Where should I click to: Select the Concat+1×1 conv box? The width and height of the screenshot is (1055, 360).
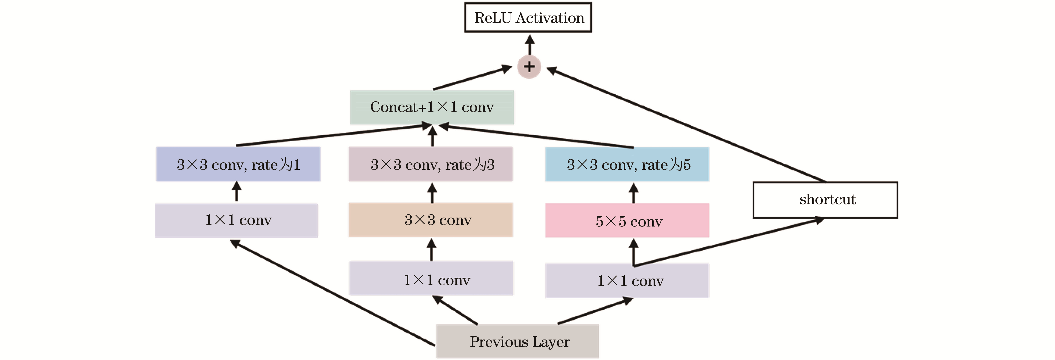[432, 107]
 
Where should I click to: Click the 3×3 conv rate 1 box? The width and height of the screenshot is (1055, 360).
[238, 164]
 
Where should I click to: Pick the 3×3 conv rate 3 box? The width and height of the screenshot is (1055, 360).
[431, 164]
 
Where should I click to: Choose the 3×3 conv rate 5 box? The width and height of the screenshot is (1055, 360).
[627, 164]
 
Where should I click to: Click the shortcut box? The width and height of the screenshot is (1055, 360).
[825, 200]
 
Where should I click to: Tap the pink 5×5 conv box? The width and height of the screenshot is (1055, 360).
[627, 220]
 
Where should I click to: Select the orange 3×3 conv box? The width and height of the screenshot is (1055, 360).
[431, 220]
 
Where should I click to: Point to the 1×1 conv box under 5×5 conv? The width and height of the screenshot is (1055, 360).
[627, 281]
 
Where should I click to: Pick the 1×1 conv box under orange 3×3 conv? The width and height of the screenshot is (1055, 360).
[431, 279]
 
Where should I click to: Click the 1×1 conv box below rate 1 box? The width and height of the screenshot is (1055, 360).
[236, 220]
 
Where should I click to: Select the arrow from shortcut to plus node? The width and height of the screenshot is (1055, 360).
[686, 125]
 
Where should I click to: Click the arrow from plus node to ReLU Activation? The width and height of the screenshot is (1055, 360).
[530, 45]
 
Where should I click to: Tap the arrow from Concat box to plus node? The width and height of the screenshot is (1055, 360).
[473, 78]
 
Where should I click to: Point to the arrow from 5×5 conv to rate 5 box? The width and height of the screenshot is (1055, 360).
[634, 193]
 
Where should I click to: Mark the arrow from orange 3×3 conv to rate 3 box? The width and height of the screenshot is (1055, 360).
[432, 193]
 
